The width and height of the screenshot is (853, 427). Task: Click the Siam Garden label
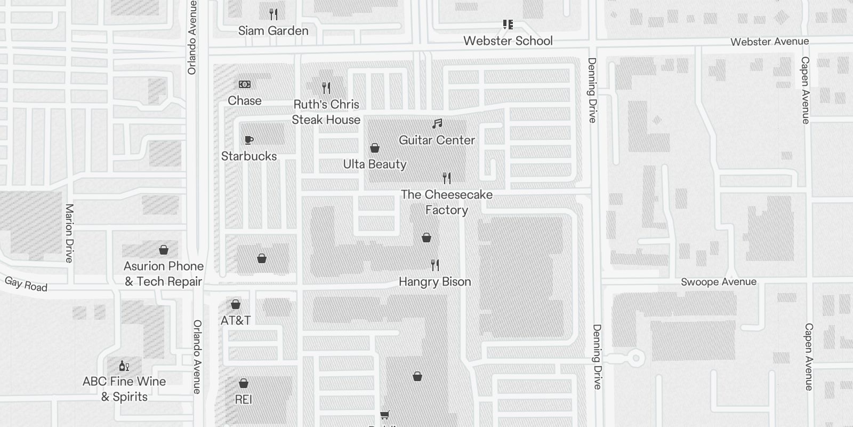(x=273, y=31)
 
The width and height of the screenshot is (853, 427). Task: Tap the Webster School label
(x=508, y=41)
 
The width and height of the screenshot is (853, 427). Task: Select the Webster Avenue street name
(x=769, y=42)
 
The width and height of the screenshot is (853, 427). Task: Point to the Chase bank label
(x=245, y=101)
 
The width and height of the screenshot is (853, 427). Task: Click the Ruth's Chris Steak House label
(x=326, y=112)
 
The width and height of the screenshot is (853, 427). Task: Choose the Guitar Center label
(x=437, y=140)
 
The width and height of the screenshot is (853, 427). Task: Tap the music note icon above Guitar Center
(x=437, y=124)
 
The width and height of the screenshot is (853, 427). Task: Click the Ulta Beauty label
(x=375, y=164)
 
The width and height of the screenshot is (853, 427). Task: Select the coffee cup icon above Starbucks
(x=248, y=140)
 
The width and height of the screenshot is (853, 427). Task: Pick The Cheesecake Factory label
(x=447, y=202)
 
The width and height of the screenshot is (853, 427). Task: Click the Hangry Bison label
(x=435, y=282)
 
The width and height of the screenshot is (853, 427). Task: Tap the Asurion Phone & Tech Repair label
(x=164, y=274)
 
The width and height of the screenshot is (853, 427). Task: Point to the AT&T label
(x=236, y=321)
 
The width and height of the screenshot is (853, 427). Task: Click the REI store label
(x=243, y=399)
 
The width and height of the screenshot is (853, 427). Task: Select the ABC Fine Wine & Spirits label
(x=124, y=389)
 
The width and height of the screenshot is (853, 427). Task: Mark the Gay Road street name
(x=26, y=284)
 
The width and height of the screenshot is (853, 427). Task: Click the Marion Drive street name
(x=69, y=233)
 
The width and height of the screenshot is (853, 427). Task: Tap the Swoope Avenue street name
(x=718, y=282)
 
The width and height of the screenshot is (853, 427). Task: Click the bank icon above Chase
(x=245, y=84)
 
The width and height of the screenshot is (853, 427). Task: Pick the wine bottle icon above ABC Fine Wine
(x=124, y=366)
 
